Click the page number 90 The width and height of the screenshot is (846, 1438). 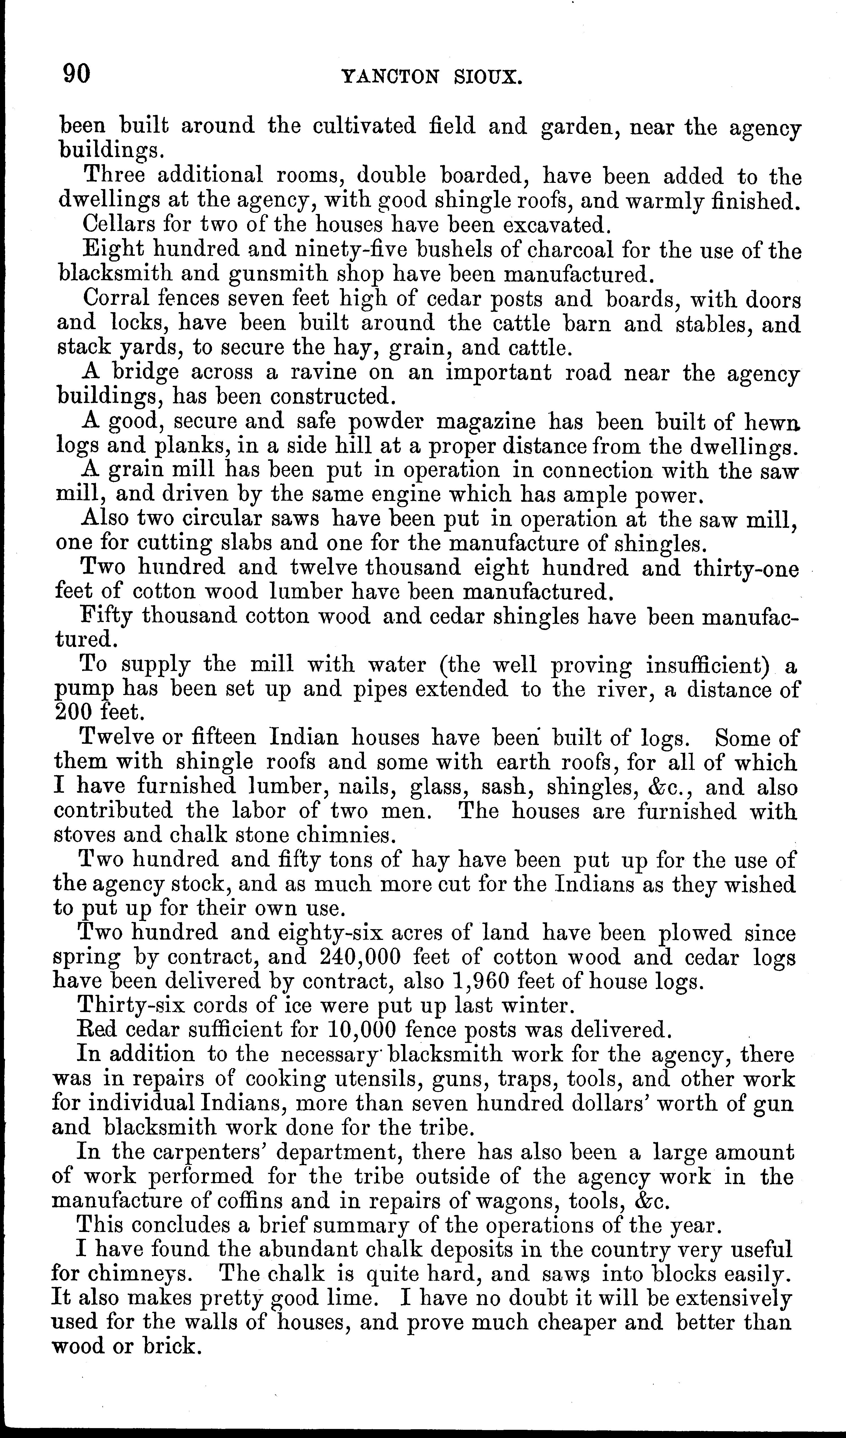point(76,74)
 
